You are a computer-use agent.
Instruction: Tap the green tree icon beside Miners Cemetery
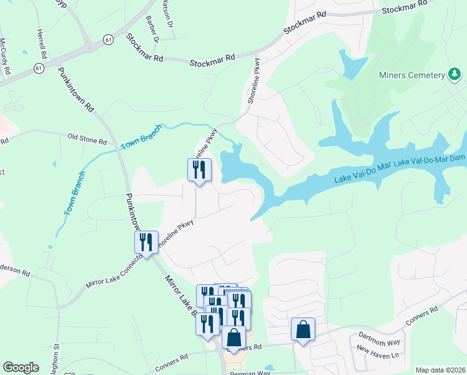point(455,76)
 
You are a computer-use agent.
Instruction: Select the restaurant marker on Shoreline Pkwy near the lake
point(200,170)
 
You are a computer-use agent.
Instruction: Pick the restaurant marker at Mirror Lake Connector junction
point(146,242)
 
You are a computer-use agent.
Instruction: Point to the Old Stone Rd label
point(87,137)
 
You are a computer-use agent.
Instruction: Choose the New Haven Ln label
point(378,355)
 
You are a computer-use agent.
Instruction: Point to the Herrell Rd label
point(42,44)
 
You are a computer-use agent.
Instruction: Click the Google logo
point(21,367)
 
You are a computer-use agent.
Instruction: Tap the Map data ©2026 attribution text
point(440,370)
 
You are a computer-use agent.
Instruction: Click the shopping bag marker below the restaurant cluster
point(234,337)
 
